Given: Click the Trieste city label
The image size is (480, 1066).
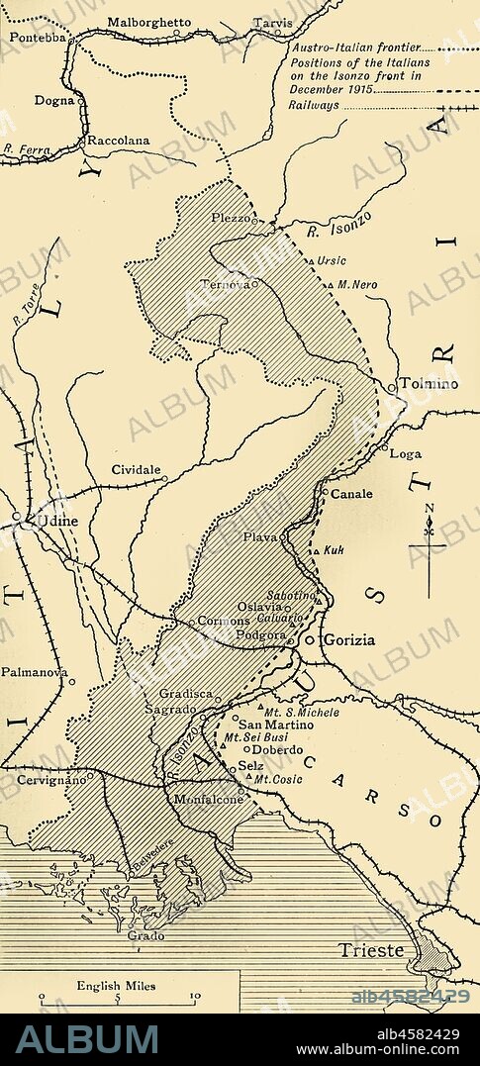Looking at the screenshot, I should click(x=371, y=950).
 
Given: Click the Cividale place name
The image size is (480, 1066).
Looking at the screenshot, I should click(x=136, y=469).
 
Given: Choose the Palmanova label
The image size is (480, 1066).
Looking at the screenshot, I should click(x=34, y=671).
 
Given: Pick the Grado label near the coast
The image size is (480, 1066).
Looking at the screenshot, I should click(x=146, y=933).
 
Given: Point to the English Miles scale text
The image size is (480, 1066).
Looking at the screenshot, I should click(x=116, y=986).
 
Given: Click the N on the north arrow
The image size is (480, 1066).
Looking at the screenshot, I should click(x=429, y=511).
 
